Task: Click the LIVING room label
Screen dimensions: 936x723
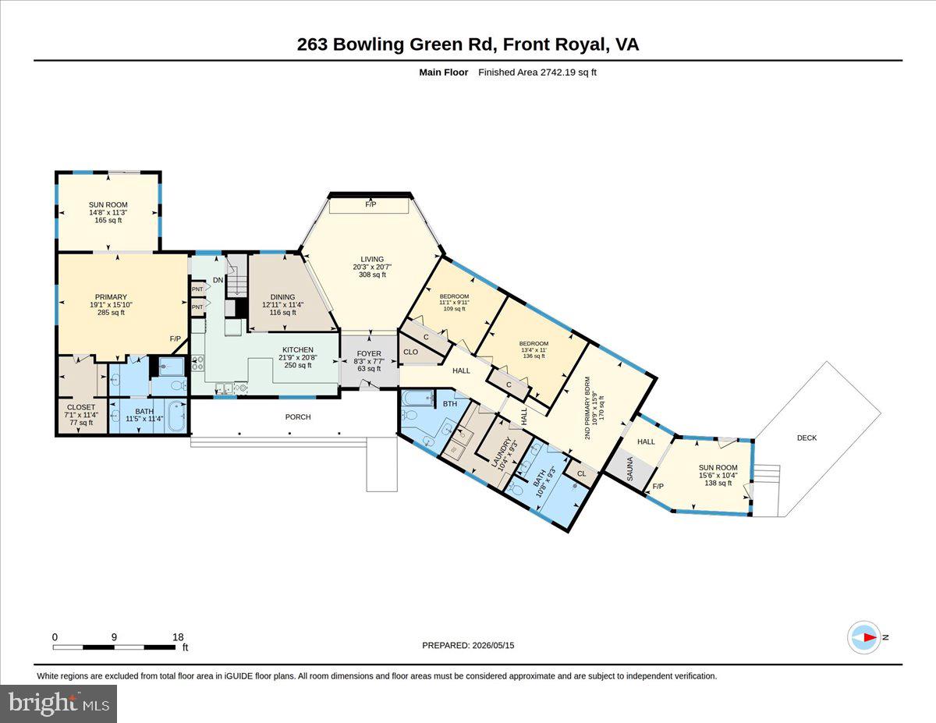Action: [x=372, y=259]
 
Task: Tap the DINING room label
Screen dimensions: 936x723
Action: [x=282, y=296]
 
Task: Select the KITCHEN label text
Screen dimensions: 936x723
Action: [x=298, y=349]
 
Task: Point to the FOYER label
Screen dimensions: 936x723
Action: [x=369, y=353]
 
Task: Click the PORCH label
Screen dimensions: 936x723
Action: [x=298, y=416]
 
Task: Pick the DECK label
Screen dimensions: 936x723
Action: [x=807, y=438]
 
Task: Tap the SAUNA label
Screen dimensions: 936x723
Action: [x=629, y=469]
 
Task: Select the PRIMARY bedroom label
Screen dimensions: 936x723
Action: [x=111, y=296]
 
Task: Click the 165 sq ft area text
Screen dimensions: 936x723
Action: [x=108, y=220]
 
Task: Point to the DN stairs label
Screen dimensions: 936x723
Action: [x=218, y=280]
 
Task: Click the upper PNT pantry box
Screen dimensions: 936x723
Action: [x=197, y=289]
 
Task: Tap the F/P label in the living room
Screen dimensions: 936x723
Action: [x=370, y=204]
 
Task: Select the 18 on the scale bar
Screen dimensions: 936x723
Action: [x=178, y=637]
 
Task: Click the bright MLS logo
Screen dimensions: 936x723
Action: [x=58, y=704]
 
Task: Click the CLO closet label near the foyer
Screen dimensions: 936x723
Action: [x=410, y=352]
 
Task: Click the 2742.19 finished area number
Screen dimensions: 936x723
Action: [x=558, y=73]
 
